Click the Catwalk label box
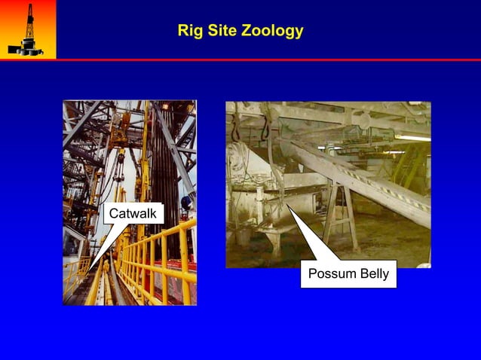[133, 214]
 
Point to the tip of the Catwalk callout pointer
[90, 270]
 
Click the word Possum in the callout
[332, 273]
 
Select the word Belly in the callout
[373, 273]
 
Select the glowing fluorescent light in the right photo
[411, 138]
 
